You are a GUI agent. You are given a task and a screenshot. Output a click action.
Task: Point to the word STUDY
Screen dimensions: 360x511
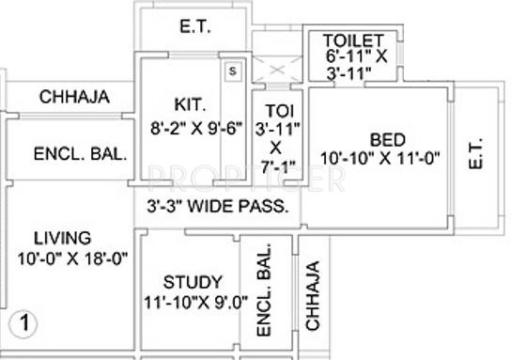click(x=193, y=282)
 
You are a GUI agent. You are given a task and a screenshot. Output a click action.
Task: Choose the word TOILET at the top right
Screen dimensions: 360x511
click(x=353, y=40)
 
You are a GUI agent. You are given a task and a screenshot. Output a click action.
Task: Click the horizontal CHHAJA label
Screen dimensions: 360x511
click(x=75, y=97)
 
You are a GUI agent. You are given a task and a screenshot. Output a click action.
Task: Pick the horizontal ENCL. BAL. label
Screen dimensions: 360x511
click(x=81, y=155)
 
